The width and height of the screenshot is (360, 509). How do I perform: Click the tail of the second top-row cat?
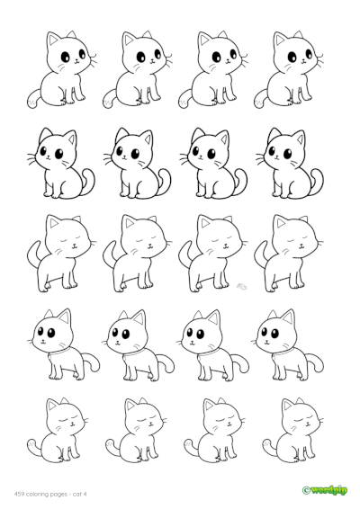point(112,100)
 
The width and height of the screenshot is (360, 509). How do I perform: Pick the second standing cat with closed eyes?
point(133,252)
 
